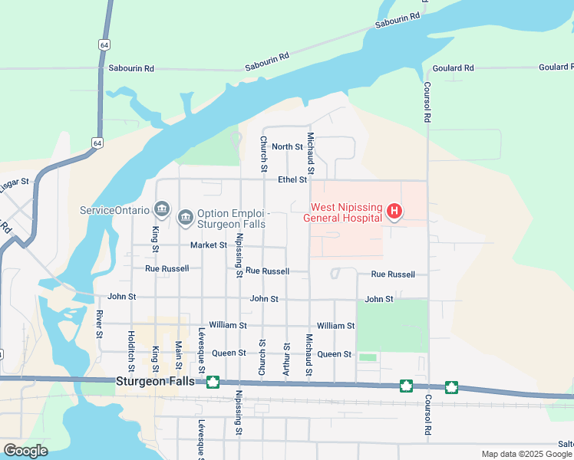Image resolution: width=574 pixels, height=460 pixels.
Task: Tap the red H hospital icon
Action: pos(394,211)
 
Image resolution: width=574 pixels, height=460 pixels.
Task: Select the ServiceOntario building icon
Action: pos(161,209)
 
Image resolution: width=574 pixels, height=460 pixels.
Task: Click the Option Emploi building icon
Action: pos(185,219)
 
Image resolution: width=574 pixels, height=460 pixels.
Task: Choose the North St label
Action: pos(287,146)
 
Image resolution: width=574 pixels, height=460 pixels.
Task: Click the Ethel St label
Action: pos(292,179)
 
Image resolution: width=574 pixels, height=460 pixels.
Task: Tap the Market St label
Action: pos(209,245)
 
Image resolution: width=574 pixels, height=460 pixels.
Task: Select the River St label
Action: pos(100,324)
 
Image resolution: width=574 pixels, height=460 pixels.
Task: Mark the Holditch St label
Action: pos(131,347)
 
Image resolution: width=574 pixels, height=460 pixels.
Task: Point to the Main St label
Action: pos(178,356)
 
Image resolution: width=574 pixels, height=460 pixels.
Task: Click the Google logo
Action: pos(25,450)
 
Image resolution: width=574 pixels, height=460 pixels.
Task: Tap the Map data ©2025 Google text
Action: pos(526,454)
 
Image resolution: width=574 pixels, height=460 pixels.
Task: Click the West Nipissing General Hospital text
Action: pos(345,212)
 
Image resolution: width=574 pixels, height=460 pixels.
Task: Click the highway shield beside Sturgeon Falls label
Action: pos(213,381)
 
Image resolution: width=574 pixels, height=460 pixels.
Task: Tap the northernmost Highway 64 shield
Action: pos(104,44)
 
